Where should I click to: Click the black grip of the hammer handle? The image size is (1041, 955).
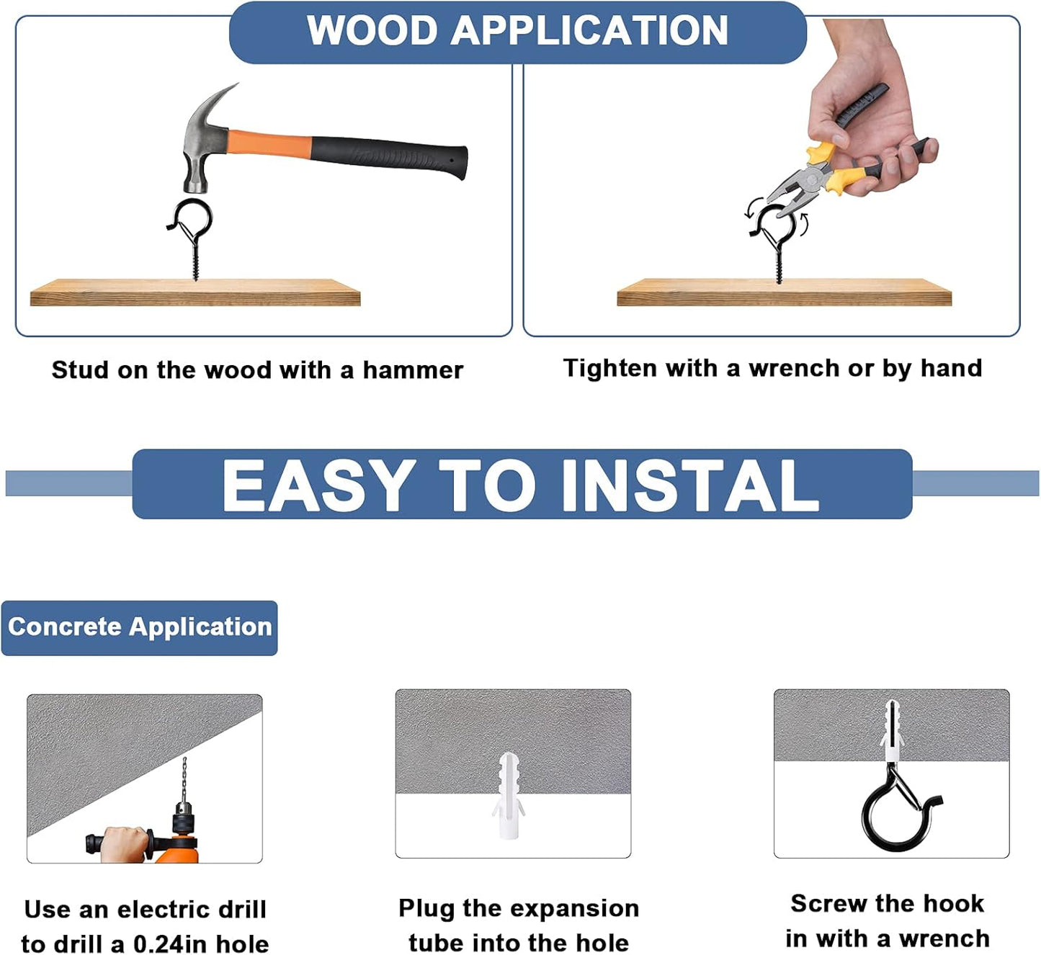(389, 156)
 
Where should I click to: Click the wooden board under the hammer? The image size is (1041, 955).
(195, 292)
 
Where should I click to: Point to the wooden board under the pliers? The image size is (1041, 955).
(784, 292)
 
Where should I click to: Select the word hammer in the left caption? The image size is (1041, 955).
(413, 370)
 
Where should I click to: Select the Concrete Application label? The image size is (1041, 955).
(139, 627)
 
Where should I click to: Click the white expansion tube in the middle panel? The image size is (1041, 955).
(508, 796)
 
